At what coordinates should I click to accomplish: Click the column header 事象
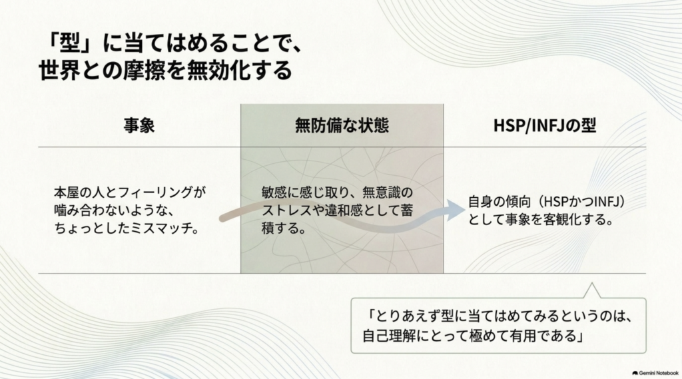pos(139,126)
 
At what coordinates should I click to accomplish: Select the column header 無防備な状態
pos(342,125)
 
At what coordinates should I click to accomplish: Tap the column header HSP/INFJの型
pos(545,125)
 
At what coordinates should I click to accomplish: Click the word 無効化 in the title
pos(218,70)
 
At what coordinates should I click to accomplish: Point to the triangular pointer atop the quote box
pos(591,290)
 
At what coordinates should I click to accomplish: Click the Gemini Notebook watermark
pos(655,373)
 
